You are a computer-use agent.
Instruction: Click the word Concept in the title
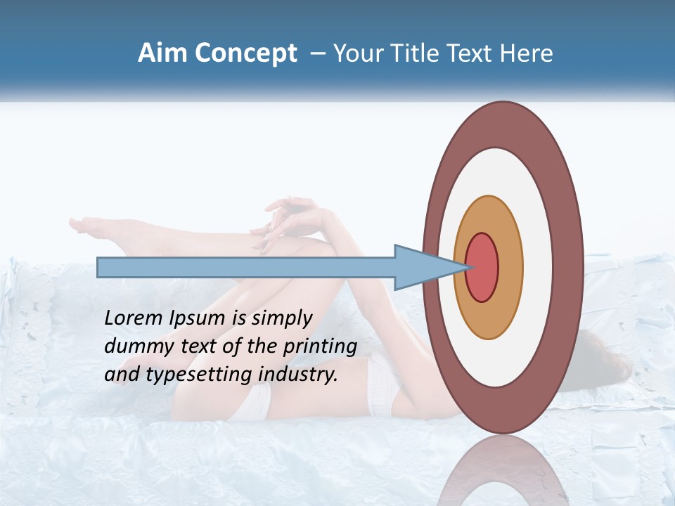point(246,53)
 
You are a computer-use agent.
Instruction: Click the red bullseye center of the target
point(482,268)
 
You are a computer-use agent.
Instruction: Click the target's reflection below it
point(503,471)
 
